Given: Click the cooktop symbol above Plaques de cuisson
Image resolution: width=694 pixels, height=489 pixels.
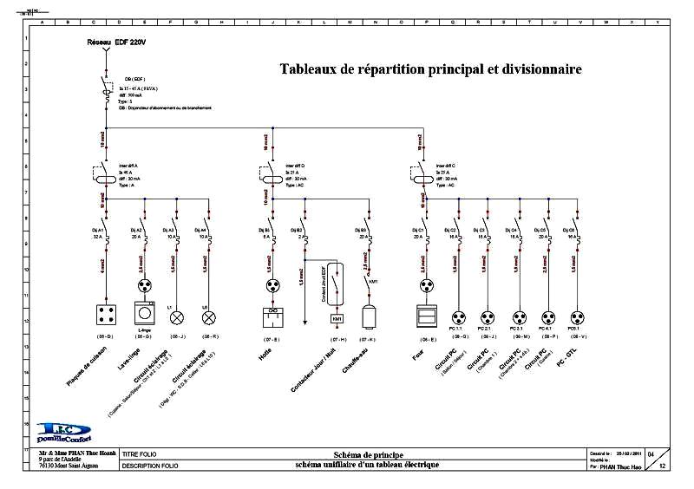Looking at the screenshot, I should point(108,314).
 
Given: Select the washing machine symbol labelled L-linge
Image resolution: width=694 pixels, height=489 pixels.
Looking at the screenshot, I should point(145,313).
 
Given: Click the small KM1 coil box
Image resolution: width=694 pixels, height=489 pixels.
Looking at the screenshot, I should point(337,319).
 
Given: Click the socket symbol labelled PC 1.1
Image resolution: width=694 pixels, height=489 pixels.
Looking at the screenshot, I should point(457,317).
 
